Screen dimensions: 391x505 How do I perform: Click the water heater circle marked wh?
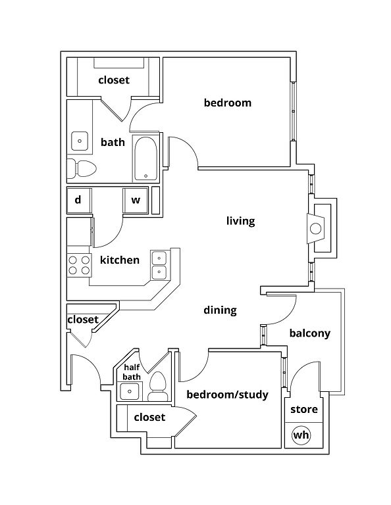coord(301,435)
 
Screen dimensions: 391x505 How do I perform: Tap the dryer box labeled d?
coord(79,201)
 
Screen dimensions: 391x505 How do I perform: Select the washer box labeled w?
coord(136,201)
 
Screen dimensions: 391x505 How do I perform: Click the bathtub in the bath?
coord(145,158)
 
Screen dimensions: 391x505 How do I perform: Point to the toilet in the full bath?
coord(82,168)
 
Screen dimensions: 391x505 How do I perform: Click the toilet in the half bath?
coord(158,386)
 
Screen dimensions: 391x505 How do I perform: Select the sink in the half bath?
coord(130,391)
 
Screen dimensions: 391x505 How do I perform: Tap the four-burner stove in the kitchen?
coord(79,265)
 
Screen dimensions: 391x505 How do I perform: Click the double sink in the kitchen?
coord(159,265)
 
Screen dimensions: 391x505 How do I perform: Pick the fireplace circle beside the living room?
coord(315,229)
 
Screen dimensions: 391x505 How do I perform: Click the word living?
coord(240,221)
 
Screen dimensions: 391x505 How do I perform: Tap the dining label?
coord(220,310)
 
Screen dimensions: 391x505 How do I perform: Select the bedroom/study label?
coord(228,395)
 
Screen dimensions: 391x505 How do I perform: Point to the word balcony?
coord(310,333)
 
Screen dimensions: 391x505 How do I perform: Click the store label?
coord(304,410)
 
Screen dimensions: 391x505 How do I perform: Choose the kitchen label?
coord(120,260)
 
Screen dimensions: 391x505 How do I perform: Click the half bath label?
coord(132,372)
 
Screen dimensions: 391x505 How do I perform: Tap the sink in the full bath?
coord(79,141)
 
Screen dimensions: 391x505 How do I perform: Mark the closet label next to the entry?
coord(83,320)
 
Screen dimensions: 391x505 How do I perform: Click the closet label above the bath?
coord(114,80)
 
